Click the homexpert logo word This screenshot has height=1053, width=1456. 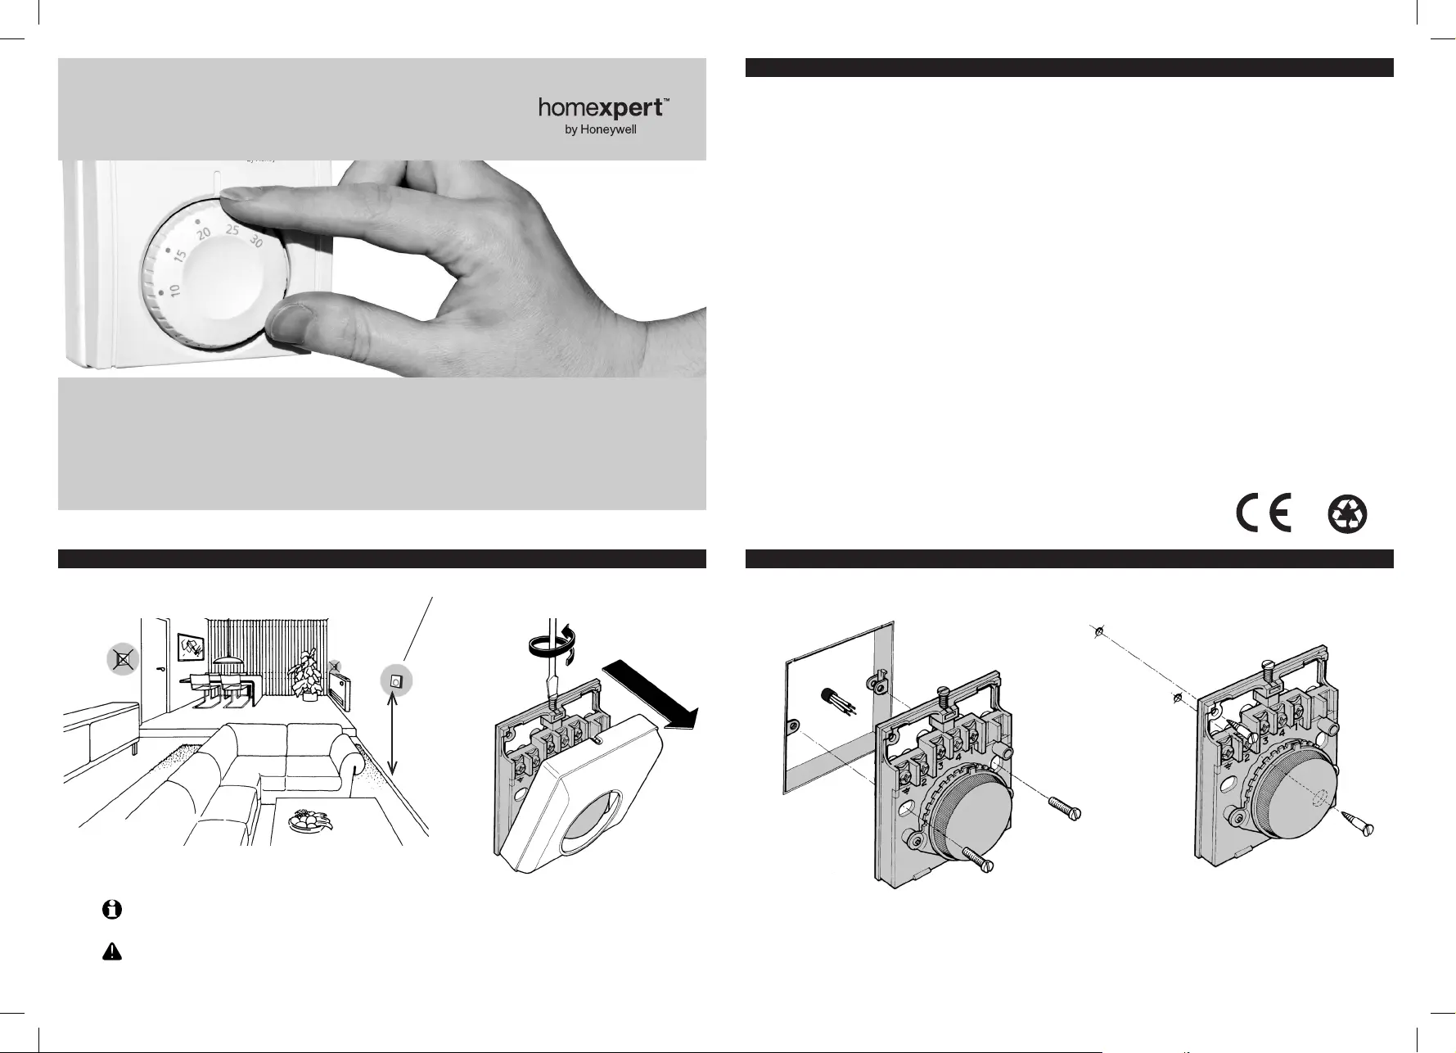coord(604,109)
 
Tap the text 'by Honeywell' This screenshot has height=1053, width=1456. coord(601,130)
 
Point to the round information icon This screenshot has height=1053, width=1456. coord(112,909)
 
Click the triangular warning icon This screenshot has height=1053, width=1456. coord(112,951)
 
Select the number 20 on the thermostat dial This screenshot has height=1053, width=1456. coord(204,236)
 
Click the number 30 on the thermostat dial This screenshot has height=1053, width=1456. coord(255,242)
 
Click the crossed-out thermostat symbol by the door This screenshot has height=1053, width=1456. coord(123,658)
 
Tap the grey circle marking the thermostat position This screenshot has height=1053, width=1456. coord(396,680)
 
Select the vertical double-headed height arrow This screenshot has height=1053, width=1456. coord(394,734)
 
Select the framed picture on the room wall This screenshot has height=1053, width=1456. coord(191,648)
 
